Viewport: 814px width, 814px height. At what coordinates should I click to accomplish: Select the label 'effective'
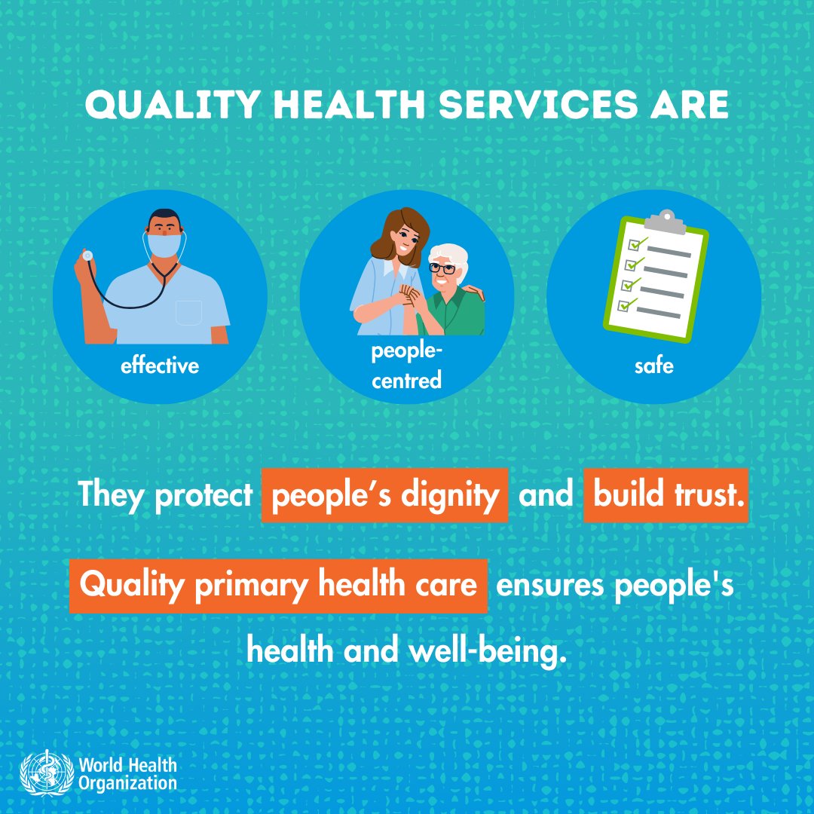[x=160, y=367]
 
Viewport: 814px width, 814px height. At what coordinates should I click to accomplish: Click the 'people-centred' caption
[x=406, y=367]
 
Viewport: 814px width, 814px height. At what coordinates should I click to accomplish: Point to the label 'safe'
[x=653, y=367]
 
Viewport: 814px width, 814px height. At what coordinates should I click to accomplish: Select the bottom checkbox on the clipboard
[x=623, y=305]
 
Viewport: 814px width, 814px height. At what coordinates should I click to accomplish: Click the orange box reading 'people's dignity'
[x=384, y=495]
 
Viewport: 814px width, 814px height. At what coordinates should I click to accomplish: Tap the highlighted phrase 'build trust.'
[x=666, y=495]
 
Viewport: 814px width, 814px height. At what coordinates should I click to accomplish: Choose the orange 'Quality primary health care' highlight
[x=278, y=586]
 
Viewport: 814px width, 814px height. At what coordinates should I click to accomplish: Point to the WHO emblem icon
[x=46, y=772]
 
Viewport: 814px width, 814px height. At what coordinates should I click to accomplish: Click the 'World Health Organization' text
[x=127, y=774]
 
